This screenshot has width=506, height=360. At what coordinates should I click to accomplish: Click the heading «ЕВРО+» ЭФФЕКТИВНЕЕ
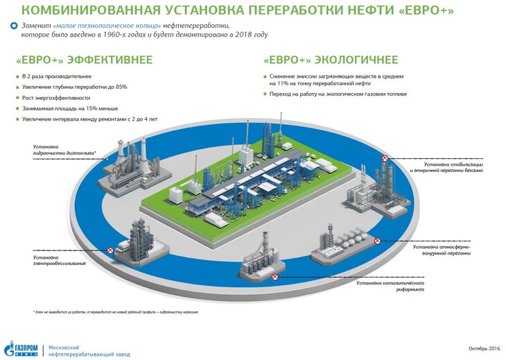click(84, 60)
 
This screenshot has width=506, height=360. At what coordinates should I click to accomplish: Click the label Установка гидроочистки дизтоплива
click(63, 150)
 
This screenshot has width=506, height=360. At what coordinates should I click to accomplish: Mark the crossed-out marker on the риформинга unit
click(275, 276)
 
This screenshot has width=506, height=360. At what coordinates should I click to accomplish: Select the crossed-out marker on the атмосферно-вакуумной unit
click(377, 241)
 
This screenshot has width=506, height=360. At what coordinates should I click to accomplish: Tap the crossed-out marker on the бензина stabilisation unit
click(385, 158)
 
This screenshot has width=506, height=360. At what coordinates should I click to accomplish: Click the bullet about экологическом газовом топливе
click(339, 94)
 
